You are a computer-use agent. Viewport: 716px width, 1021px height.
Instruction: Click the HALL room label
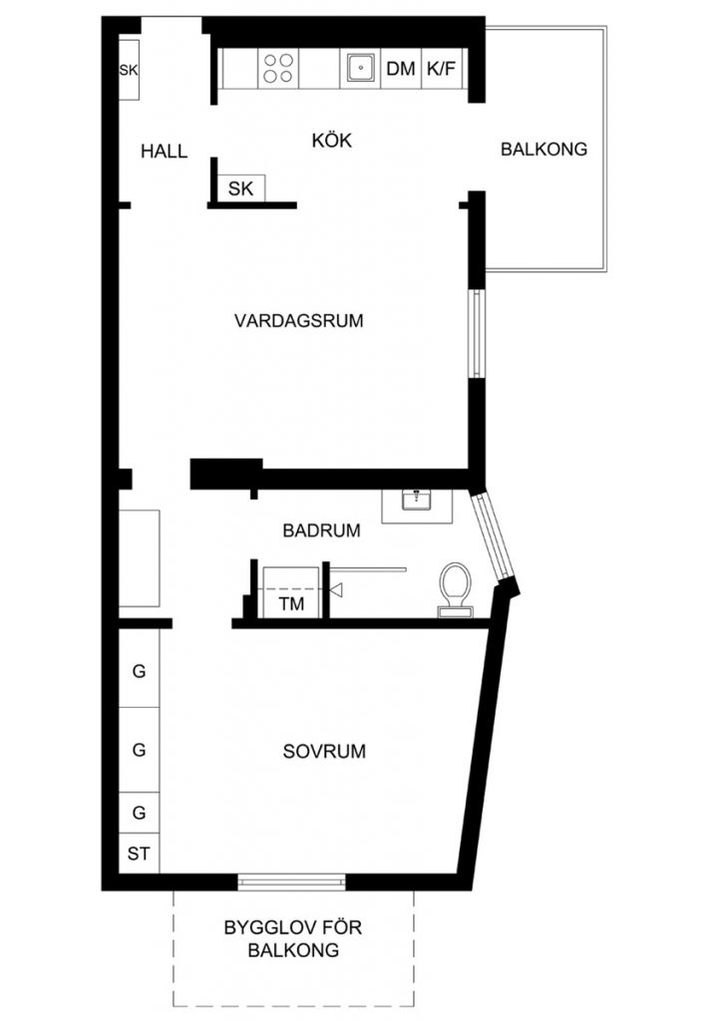[165, 152]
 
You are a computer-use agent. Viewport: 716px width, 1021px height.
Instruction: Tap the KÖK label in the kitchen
[332, 140]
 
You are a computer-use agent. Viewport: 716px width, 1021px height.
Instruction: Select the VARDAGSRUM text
[299, 320]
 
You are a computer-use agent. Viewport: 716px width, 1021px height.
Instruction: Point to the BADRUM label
[321, 530]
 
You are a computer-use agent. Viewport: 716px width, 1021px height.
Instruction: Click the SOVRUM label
[324, 751]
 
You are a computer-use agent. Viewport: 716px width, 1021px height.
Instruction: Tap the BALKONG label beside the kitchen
[544, 150]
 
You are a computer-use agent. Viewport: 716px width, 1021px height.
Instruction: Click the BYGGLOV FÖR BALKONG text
[293, 938]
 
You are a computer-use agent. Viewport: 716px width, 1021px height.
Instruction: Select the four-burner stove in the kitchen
[278, 69]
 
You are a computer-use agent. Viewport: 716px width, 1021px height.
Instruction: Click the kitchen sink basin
[360, 68]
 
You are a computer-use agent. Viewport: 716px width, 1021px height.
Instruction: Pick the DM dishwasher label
[401, 69]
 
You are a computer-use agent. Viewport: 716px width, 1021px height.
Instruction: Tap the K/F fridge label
[441, 69]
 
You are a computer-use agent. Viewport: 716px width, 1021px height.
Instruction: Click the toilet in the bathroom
[456, 589]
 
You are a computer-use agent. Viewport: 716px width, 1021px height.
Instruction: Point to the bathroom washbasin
[418, 501]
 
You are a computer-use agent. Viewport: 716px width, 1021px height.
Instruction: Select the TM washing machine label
[292, 603]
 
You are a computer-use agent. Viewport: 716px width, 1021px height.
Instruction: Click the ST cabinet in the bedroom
[139, 853]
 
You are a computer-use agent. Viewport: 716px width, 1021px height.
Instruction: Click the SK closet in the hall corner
[129, 70]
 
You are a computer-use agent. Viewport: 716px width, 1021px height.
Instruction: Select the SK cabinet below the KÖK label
[241, 188]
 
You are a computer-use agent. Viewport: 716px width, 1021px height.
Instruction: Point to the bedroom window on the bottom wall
[291, 882]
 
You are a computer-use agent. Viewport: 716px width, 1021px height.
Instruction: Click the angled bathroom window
[494, 536]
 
